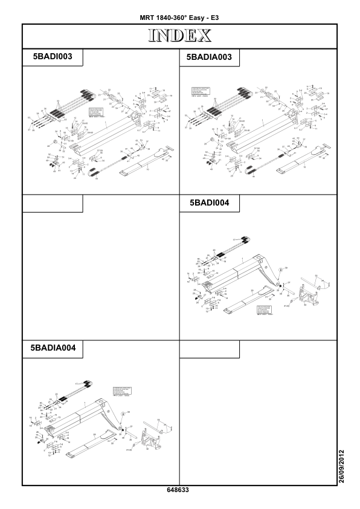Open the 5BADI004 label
coord(210,204)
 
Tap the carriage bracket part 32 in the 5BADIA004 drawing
coord(147,438)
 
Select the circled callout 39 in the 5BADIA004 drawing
coord(124,412)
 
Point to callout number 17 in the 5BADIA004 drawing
coord(74,384)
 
